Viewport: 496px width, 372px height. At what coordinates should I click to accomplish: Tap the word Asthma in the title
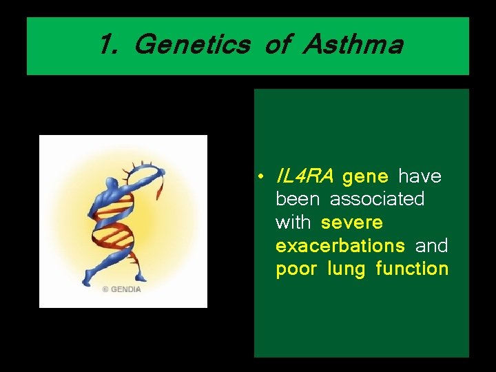[x=353, y=45]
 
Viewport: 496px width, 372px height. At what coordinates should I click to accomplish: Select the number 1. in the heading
[x=110, y=45]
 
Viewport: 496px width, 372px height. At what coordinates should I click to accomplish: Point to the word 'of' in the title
[x=276, y=45]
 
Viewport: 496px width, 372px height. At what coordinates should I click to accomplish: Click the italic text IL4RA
[x=304, y=177]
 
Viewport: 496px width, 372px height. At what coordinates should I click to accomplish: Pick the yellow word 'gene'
[x=365, y=177]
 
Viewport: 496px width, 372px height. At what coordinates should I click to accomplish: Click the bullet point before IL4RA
[x=263, y=178]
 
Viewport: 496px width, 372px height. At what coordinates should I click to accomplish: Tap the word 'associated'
[x=377, y=200]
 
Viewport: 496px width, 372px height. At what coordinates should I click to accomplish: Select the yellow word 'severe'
[x=351, y=223]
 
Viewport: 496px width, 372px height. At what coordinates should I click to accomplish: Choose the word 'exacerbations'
[x=340, y=246]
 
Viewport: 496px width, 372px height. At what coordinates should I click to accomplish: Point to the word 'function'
[x=412, y=269]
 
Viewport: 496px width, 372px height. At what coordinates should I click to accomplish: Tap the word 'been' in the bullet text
[x=297, y=200]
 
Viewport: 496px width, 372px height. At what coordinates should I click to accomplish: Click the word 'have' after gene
[x=420, y=177]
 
